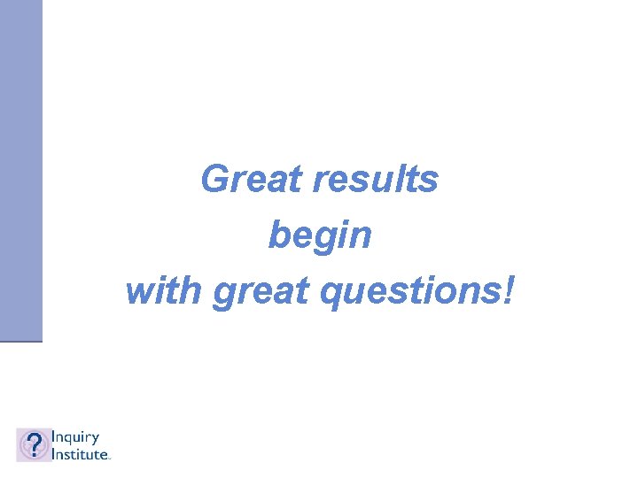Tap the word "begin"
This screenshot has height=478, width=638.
[320, 235]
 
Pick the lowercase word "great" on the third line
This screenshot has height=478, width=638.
[257, 292]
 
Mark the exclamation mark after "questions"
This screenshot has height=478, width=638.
[506, 290]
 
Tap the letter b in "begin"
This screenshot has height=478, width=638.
[277, 235]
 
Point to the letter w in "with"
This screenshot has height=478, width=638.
[140, 292]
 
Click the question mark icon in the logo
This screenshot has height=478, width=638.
[34, 444]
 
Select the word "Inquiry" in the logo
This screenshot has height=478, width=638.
[75, 437]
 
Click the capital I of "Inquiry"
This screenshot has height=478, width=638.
[53, 436]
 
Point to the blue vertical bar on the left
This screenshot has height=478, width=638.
[20, 168]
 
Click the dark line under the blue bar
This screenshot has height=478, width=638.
[20, 341]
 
